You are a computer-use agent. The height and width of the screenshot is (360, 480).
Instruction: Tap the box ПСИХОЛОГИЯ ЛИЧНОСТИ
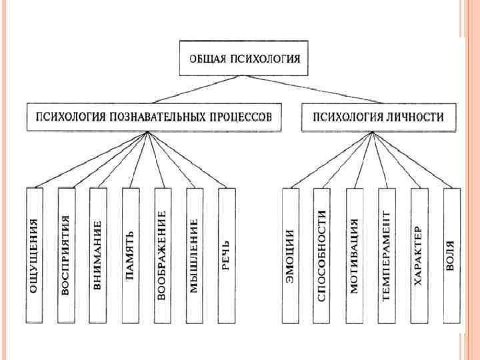click(379, 117)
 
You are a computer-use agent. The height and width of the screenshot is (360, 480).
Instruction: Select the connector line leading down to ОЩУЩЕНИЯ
click(90, 159)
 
